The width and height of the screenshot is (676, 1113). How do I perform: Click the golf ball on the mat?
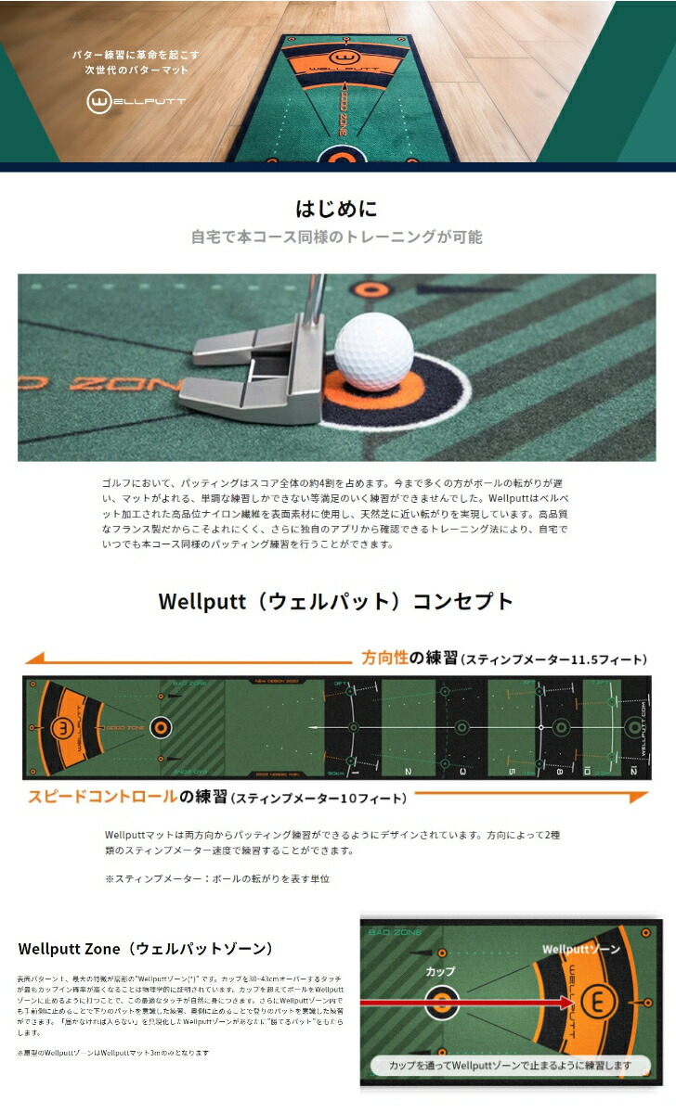(374, 352)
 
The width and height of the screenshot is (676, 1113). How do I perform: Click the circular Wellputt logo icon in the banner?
(99, 101)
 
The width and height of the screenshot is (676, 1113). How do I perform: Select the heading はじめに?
(336, 208)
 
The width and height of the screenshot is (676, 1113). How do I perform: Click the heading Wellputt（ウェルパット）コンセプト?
(336, 601)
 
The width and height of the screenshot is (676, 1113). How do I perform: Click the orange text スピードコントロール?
(102, 797)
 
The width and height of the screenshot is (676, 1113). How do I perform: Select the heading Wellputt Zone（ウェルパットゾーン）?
(146, 948)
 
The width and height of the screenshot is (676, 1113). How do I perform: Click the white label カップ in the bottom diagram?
(440, 971)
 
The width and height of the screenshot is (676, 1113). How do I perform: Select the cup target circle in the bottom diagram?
(441, 1002)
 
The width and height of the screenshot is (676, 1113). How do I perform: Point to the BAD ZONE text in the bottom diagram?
(395, 931)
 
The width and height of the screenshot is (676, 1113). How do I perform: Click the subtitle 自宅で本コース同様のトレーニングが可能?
(336, 237)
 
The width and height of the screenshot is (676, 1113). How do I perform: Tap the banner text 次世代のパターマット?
(131, 70)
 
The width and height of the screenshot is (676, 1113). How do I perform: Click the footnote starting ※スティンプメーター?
(217, 878)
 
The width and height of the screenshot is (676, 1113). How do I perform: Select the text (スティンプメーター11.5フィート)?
(554, 659)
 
